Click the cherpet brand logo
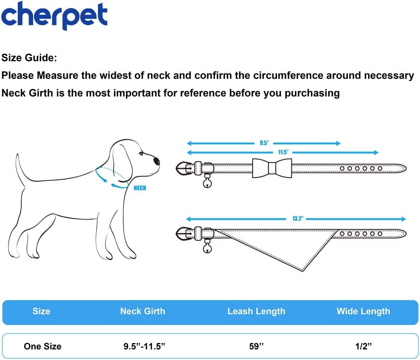(x=54, y=16)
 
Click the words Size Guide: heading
(x=29, y=58)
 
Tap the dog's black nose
(x=157, y=161)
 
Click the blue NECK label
(x=140, y=188)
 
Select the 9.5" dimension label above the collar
(x=264, y=143)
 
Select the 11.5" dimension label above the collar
(x=283, y=152)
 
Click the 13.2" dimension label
(x=297, y=219)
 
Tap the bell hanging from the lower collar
(x=207, y=248)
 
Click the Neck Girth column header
(x=143, y=311)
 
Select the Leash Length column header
(x=256, y=311)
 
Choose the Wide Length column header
(x=363, y=311)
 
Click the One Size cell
(x=42, y=346)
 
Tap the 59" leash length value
(x=256, y=346)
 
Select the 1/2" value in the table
(x=363, y=346)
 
